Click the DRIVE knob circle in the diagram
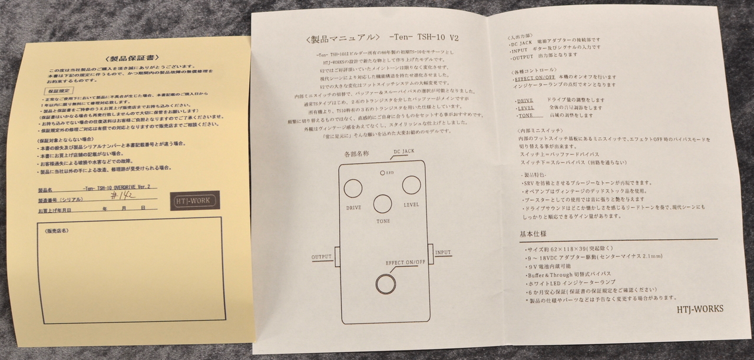353,188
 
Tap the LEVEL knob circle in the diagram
411,185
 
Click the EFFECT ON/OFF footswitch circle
386,284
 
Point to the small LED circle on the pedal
382,173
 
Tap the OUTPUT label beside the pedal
322,257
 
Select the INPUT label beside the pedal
443,252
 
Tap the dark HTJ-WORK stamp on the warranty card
195,201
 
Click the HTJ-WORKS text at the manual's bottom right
699,309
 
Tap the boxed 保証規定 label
59,93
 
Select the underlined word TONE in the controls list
525,115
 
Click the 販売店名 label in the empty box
57,230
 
